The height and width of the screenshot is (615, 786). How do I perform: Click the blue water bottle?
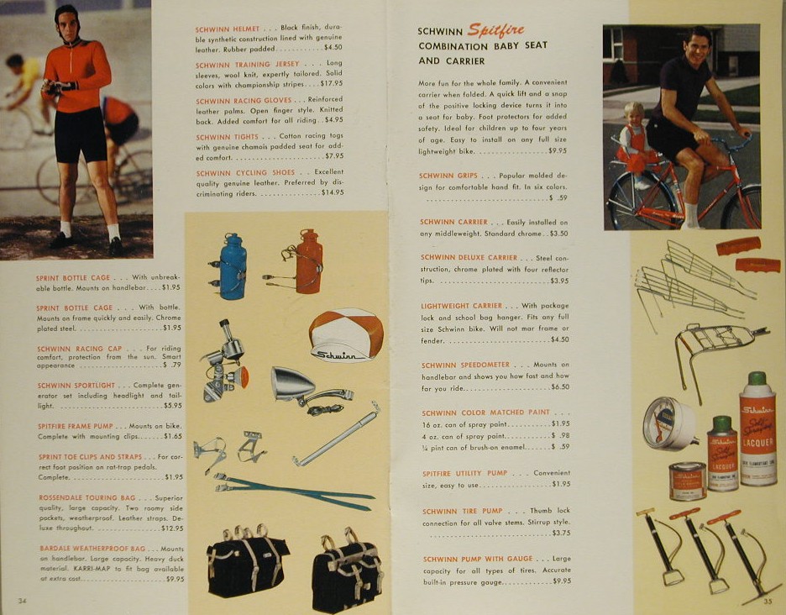pos(233,267)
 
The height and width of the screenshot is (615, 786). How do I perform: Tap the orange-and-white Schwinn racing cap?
pos(346,334)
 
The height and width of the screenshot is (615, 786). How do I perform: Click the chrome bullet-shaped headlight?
pos(292,383)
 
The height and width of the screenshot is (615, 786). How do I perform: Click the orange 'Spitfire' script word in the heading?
pos(495,30)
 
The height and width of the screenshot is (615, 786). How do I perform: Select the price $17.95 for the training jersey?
pos(332,84)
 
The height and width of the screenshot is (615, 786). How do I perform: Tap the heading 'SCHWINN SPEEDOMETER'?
pos(465,365)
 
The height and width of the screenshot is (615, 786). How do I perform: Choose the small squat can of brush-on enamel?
pos(687,481)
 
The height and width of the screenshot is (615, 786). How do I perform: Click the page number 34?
pos(22,601)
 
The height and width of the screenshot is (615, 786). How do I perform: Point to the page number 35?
pos(768,601)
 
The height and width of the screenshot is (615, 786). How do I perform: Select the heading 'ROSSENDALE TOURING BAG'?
pos(87,497)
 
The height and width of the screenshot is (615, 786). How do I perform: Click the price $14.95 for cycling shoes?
pos(333,192)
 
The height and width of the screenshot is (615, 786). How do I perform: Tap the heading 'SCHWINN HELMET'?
pos(228,29)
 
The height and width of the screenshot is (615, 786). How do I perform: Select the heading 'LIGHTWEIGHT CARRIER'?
pos(461,306)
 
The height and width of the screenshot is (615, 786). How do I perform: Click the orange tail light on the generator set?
pos(243,376)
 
